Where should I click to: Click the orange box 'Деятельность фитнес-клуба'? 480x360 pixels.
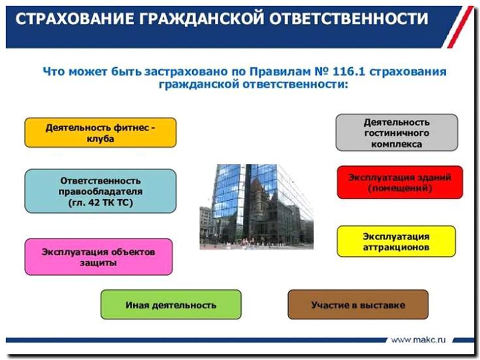100,133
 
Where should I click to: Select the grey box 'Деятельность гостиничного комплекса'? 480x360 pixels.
396,133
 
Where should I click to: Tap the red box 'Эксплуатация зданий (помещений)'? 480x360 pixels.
400,182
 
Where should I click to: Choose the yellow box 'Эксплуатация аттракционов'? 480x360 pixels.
396,242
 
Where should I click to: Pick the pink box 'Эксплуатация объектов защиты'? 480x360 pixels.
99,257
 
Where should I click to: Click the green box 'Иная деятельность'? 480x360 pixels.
170,304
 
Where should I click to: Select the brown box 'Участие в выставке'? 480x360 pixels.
358,304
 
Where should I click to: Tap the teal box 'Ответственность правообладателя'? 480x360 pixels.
100,191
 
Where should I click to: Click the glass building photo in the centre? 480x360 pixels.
256,206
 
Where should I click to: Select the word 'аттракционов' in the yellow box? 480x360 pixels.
396,248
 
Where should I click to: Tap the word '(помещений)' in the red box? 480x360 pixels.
400,188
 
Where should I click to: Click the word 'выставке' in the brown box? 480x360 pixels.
383,304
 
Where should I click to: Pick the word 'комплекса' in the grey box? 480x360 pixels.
396,144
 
